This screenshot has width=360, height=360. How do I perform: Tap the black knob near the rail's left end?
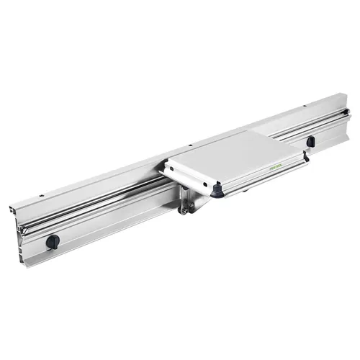click(x=53, y=240)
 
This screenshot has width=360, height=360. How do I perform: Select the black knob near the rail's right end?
click(x=310, y=141)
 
